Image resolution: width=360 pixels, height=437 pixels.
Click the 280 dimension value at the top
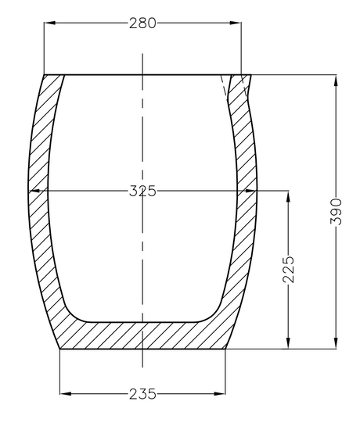pyautogui.click(x=142, y=23)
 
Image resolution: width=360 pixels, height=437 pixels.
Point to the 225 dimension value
pyautogui.click(x=289, y=268)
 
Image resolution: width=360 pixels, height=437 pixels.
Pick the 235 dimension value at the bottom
pyautogui.click(x=142, y=393)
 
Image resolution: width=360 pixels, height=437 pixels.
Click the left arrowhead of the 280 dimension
pyautogui.click(x=47, y=23)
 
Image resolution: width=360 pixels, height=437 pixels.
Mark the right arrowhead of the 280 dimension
pyautogui.click(x=237, y=23)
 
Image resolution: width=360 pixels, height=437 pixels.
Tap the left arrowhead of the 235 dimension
pyautogui.click(x=63, y=393)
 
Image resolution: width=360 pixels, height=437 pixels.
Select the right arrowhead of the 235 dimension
pyautogui.click(x=222, y=393)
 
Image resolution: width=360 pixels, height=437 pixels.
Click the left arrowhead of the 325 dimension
pyautogui.click(x=31, y=191)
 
